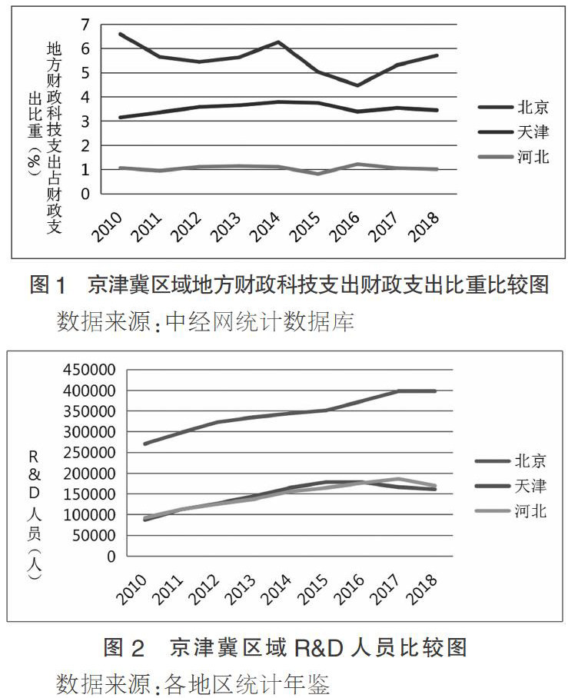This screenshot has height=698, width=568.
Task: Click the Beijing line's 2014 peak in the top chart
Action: (x=277, y=42)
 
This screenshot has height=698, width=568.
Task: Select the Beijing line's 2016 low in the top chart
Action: (x=357, y=85)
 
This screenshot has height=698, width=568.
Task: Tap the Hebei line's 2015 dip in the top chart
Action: (x=317, y=174)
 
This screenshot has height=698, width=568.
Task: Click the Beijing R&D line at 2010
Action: (x=144, y=444)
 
